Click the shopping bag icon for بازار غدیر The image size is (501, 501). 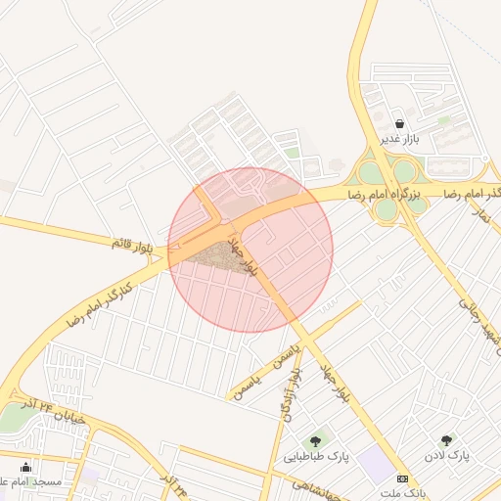tap(400, 123)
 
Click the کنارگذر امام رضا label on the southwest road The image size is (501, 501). tap(98, 305)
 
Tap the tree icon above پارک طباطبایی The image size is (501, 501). tap(315, 441)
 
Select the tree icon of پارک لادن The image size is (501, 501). tap(447, 440)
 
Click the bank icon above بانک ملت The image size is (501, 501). tap(402, 478)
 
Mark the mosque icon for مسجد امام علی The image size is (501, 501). tap(25, 467)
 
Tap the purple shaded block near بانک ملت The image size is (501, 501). tap(375, 464)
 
